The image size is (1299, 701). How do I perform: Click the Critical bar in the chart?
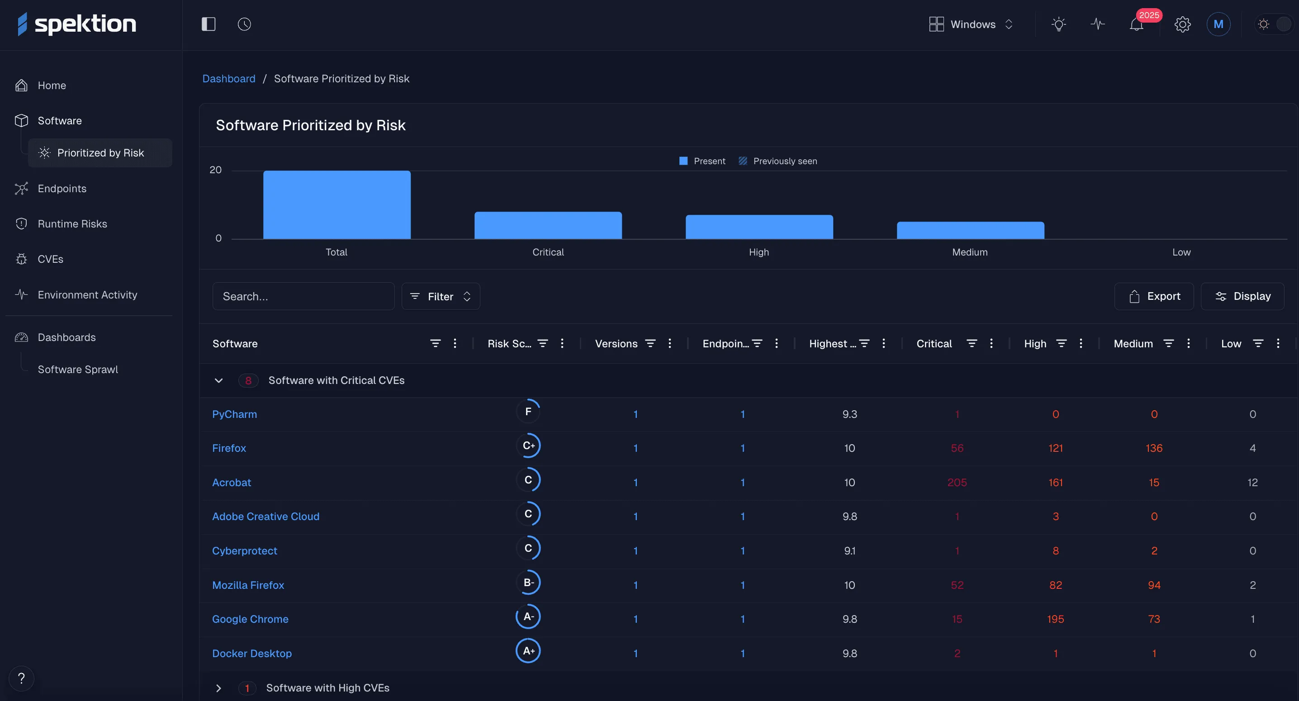[548, 225]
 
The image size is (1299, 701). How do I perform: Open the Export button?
[1154, 296]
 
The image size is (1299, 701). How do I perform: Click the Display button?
[1242, 296]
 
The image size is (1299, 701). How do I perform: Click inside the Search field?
[303, 296]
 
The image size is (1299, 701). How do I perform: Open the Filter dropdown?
[440, 296]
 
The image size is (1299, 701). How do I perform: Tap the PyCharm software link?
[234, 414]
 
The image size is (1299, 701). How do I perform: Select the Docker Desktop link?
[251, 653]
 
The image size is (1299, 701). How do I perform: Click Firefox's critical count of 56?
[957, 448]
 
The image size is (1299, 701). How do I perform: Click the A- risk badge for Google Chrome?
[528, 616]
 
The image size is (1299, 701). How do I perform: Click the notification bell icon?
[1136, 24]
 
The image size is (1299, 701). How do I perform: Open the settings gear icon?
[1182, 24]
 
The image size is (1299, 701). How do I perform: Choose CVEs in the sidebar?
[50, 259]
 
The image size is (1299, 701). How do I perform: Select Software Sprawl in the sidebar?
[78, 369]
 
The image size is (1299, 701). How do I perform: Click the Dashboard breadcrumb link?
[228, 79]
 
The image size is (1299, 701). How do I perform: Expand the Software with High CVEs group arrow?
[218, 688]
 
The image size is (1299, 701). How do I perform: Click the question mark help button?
[21, 678]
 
